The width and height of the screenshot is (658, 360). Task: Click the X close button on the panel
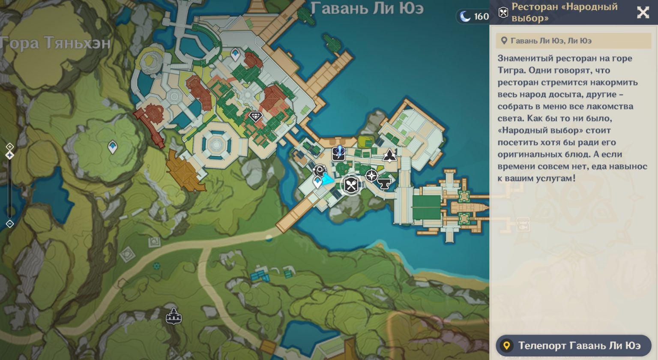[643, 12]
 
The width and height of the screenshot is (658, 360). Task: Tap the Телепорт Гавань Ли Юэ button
[573, 345]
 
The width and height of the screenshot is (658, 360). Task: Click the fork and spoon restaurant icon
[351, 185]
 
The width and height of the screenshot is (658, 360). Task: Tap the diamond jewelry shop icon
[255, 117]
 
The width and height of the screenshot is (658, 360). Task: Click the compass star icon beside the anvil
[371, 175]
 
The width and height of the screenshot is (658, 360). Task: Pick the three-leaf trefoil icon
[389, 155]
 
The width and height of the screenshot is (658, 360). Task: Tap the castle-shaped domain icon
[173, 317]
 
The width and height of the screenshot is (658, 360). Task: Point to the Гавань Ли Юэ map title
[367, 8]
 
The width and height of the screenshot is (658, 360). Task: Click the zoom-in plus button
[10, 147]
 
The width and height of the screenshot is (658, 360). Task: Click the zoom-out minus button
[10, 224]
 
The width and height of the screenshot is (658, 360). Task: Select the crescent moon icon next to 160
[465, 16]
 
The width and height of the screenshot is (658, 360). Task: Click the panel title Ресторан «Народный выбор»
[565, 12]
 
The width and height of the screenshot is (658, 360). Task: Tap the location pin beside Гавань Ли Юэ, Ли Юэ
[504, 41]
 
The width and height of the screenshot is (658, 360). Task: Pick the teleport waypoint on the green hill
[112, 147]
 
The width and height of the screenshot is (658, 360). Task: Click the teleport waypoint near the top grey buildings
[235, 54]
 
